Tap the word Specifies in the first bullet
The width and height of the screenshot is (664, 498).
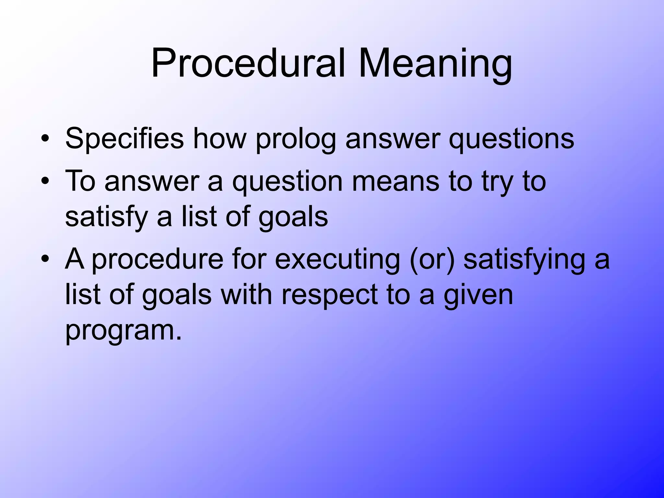[x=124, y=139]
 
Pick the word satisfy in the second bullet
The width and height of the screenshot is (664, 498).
[x=107, y=217]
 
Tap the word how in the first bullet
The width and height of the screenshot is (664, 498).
[x=220, y=139]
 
